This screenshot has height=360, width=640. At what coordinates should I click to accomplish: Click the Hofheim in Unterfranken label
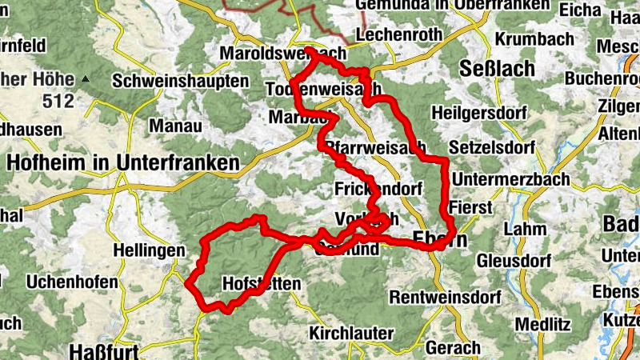coord(122,162)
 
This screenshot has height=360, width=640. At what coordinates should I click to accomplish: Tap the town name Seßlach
coord(497,69)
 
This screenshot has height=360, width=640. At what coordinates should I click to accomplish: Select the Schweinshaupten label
coord(180,82)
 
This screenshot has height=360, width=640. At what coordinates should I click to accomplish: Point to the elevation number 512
coord(59,101)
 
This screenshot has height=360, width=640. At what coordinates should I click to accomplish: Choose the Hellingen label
coord(150,251)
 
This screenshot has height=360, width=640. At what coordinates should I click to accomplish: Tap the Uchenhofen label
coord(64,282)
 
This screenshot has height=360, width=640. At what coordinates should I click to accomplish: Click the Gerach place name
coord(454,348)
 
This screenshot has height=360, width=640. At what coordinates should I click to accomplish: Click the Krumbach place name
coord(534,38)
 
